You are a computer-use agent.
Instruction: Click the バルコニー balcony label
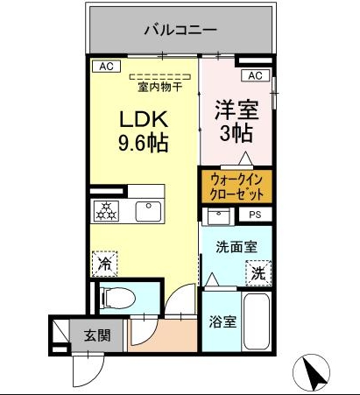(180, 31)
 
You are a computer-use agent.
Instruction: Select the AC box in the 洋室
(255, 76)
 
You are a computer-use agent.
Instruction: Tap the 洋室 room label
(235, 111)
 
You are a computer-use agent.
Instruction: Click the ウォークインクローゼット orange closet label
(236, 185)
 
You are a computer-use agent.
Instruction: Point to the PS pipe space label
(256, 214)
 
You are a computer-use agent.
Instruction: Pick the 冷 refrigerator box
(104, 261)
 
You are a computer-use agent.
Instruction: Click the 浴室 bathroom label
(222, 321)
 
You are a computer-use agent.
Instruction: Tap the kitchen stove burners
(106, 211)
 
